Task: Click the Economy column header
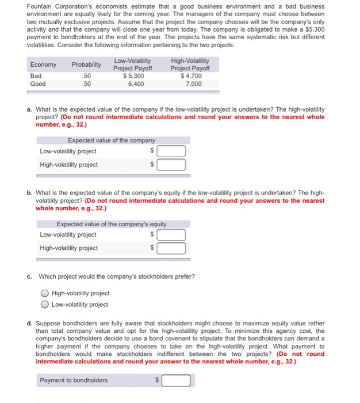tap(43, 64)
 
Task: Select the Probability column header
tap(86, 64)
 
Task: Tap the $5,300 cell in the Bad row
tap(133, 75)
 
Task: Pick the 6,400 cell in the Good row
tap(134, 83)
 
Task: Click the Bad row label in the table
tap(36, 75)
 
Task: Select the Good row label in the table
tap(38, 83)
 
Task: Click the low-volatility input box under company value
tap(171, 152)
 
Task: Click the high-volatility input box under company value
tap(171, 165)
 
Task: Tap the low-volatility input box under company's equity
tap(171, 235)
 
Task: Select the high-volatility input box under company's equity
tap(171, 249)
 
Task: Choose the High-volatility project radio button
tap(45, 294)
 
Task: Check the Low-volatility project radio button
tap(45, 305)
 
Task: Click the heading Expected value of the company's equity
tap(112, 224)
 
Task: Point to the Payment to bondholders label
tap(74, 381)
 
